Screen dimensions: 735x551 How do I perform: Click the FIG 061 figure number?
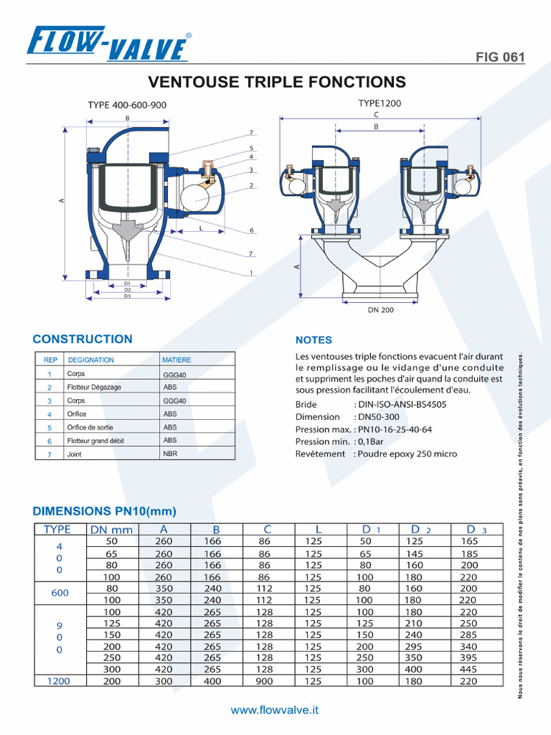[500, 57]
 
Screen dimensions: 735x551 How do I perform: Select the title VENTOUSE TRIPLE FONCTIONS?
[276, 83]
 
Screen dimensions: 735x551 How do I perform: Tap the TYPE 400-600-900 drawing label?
[127, 105]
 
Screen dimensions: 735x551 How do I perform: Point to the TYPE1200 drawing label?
[380, 103]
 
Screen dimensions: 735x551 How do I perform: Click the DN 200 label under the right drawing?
[380, 309]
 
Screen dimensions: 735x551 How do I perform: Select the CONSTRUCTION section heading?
[83, 340]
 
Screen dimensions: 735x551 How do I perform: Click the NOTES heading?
[314, 340]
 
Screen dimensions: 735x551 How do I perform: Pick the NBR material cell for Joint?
[170, 454]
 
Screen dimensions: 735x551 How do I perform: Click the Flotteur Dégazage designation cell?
[94, 387]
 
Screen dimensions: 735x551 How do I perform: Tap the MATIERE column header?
[177, 360]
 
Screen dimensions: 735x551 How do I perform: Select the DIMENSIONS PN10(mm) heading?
[105, 511]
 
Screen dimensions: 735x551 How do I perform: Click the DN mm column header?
[111, 530]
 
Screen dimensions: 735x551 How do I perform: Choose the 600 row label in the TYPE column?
[60, 594]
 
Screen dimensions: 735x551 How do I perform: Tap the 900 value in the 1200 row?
[264, 681]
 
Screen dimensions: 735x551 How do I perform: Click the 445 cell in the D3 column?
[468, 669]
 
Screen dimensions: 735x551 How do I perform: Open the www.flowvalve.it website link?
[275, 710]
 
